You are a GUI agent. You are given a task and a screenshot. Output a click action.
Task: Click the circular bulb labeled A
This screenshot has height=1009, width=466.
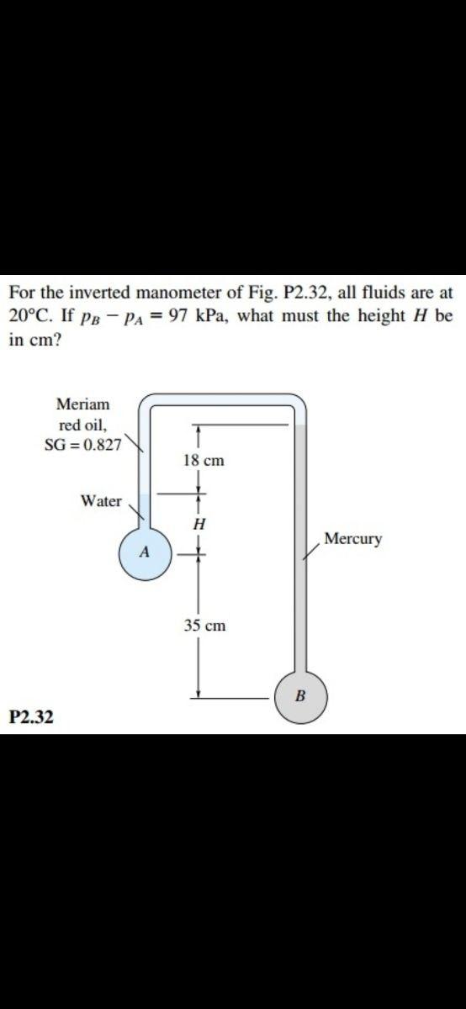point(145,554)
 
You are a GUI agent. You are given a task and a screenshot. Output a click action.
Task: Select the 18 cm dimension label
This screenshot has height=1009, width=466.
point(203,461)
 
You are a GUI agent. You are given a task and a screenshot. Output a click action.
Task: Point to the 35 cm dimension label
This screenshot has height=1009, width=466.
point(204,626)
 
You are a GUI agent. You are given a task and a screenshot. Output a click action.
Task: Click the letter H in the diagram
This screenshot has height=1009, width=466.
point(199,523)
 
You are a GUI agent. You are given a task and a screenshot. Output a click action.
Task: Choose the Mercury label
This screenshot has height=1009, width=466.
point(352,538)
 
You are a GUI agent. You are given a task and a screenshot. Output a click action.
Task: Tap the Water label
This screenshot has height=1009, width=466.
point(101,501)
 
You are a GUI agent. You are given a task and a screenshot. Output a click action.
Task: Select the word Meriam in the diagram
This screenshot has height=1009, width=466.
point(82,404)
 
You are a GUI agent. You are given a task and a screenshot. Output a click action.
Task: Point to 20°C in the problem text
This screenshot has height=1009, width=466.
point(33,319)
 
